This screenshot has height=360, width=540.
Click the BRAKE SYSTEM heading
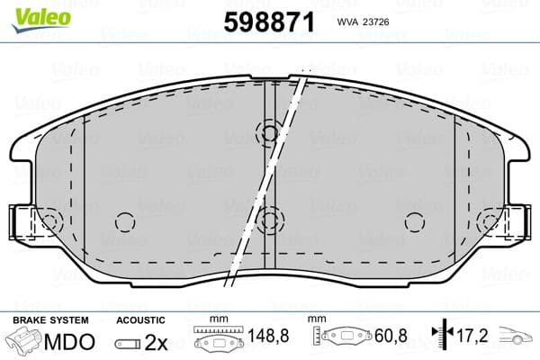(x=50, y=320)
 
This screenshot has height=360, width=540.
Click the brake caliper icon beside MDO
(x=24, y=343)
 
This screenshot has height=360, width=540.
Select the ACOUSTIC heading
(x=140, y=320)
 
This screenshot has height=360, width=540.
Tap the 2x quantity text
(x=157, y=342)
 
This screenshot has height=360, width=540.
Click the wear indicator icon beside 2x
(x=129, y=343)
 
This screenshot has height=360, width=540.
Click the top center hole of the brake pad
(x=267, y=133)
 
